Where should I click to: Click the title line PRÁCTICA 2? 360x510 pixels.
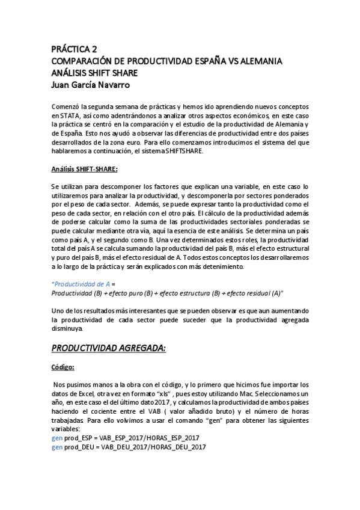click(74, 50)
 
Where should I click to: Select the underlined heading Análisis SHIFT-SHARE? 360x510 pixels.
click(84, 170)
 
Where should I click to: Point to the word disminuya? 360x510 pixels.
click(69, 328)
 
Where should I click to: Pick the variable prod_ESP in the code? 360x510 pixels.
click(79, 438)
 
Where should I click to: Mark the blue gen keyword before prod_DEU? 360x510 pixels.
click(57, 447)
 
